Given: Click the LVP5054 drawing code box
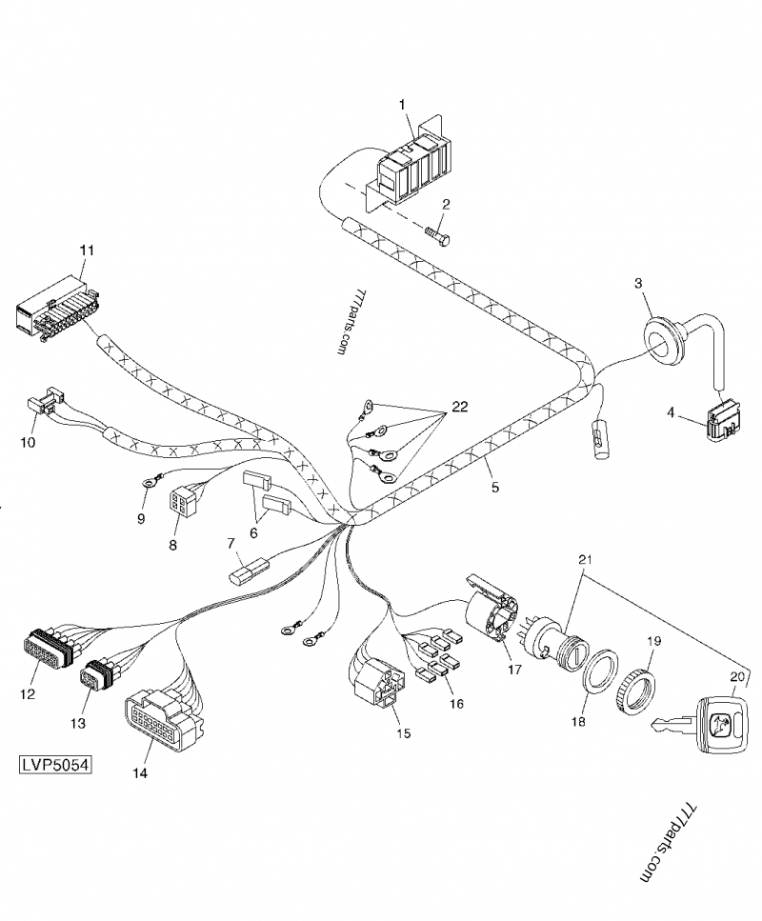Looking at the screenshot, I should [54, 765].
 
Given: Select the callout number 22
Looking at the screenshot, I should [459, 407].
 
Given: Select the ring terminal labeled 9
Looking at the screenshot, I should [148, 485].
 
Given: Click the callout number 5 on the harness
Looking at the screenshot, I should [494, 488].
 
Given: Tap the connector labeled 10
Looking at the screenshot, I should [44, 407].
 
